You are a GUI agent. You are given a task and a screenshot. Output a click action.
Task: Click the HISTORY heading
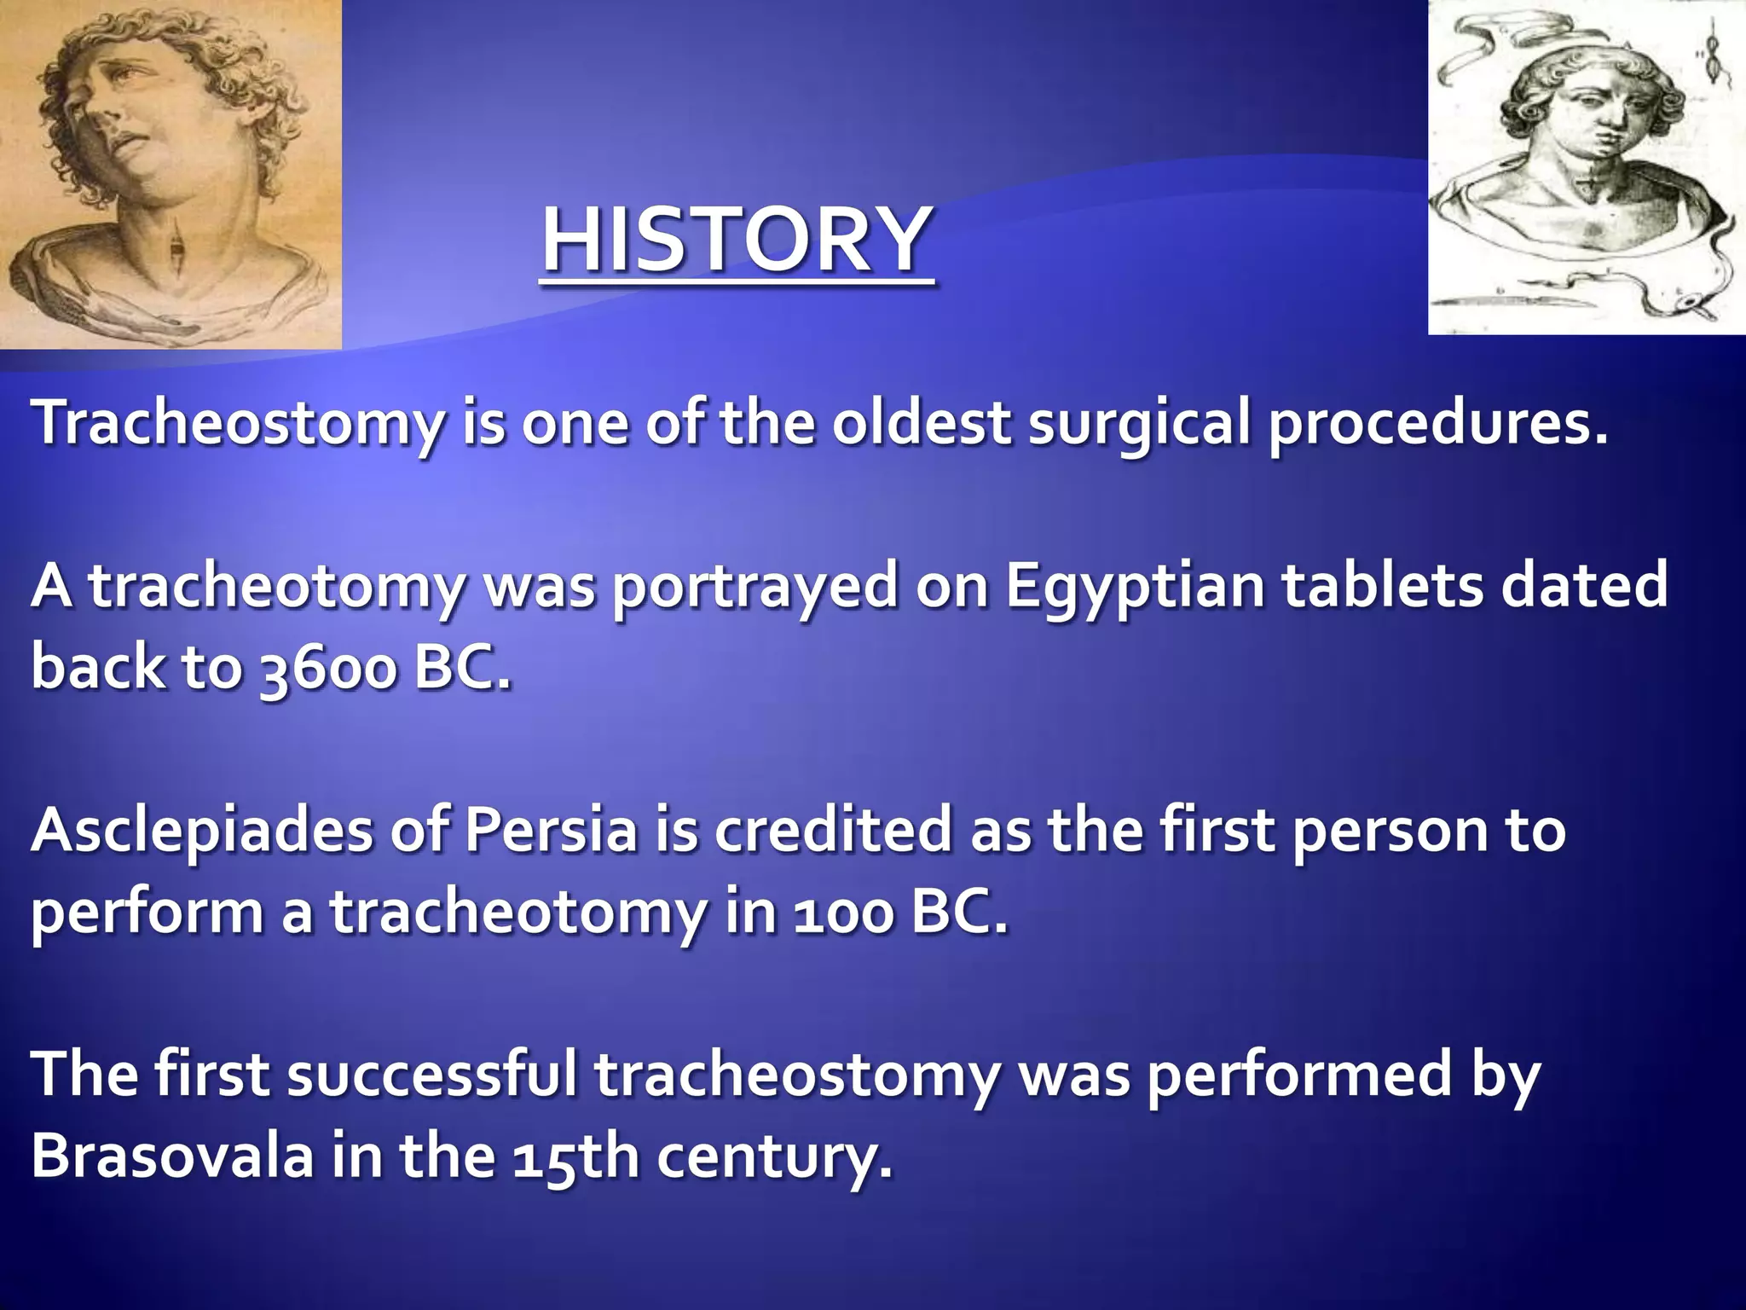[737, 241]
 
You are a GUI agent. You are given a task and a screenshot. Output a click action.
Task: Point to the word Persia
[551, 832]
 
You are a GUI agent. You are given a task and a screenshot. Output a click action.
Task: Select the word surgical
[1139, 424]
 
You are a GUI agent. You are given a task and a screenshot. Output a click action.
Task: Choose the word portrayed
[755, 587]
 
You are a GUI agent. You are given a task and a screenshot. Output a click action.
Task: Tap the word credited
[832, 832]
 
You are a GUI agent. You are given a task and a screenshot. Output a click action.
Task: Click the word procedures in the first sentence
[1437, 424]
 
